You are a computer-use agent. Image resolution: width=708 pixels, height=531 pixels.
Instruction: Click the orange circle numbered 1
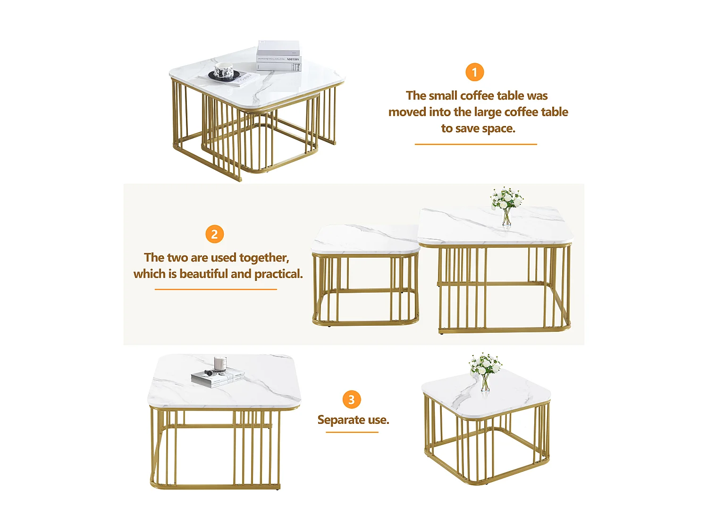pos(474,72)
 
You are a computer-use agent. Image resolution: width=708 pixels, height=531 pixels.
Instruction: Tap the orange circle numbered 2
pos(214,234)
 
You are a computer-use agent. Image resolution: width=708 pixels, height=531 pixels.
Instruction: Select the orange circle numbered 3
pos(351,399)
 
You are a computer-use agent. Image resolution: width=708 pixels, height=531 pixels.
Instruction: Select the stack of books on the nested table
pos(278,56)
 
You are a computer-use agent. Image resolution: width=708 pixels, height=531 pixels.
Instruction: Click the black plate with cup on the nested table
pos(224,74)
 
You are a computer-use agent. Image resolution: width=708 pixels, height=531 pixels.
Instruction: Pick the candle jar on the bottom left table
pos(220,363)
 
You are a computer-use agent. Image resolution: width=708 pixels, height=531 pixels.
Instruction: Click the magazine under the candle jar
pos(218,378)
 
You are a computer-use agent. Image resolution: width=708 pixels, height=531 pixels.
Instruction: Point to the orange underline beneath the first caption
pos(476,144)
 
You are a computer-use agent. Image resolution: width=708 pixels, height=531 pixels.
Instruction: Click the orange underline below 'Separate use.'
pos(352,432)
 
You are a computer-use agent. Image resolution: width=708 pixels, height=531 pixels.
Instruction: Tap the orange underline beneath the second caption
pos(216,289)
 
